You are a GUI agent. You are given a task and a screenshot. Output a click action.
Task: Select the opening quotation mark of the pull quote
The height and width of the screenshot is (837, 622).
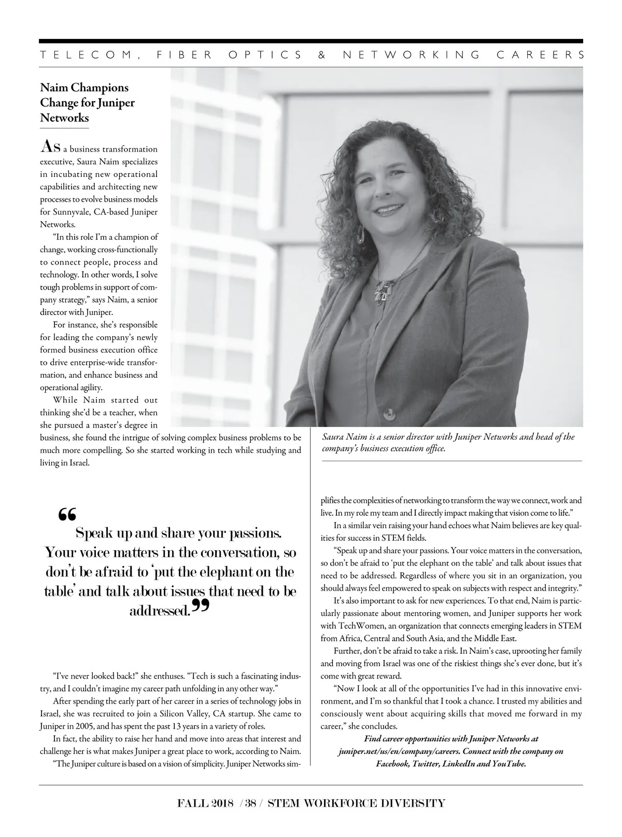click(x=67, y=514)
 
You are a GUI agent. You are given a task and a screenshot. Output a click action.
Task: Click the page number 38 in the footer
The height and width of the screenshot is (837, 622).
click(x=251, y=803)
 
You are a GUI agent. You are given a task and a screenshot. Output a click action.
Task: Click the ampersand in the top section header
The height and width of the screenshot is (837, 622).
click(x=322, y=55)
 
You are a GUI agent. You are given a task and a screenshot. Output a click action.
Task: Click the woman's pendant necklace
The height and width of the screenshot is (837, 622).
click(x=382, y=292)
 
